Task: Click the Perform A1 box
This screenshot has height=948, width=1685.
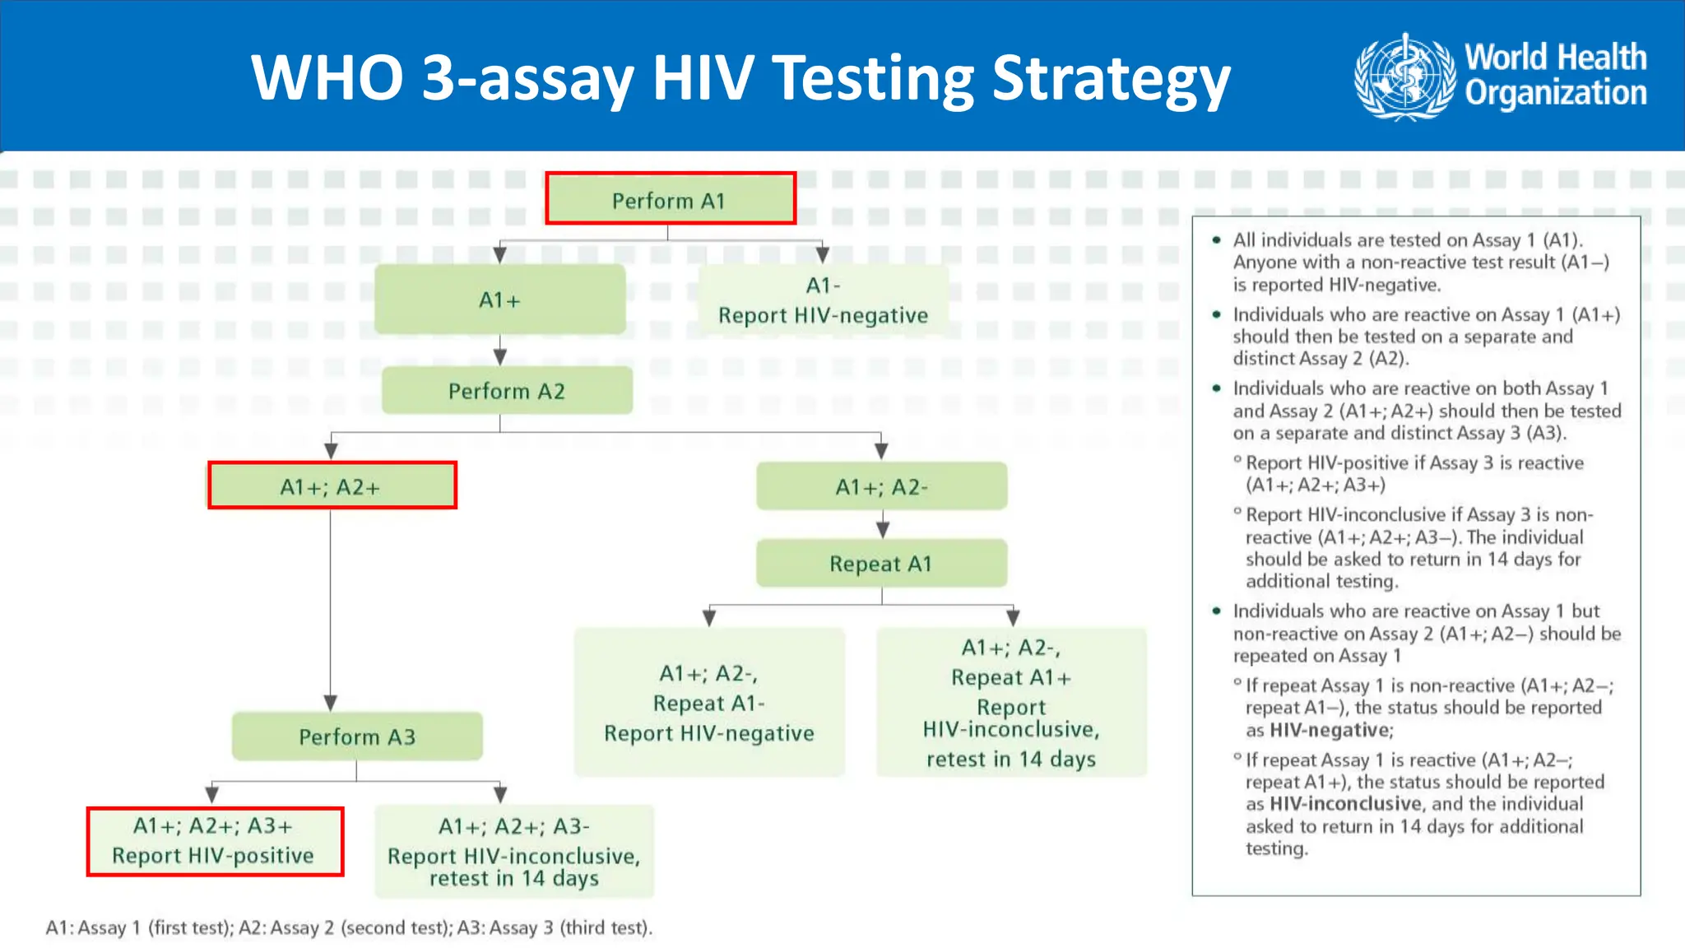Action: click(670, 199)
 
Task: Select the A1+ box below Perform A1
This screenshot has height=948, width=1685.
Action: click(499, 300)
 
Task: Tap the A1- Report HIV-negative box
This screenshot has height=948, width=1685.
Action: click(823, 300)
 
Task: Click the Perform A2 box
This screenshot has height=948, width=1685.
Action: click(507, 391)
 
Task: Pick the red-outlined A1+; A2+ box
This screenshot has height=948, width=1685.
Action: click(332, 486)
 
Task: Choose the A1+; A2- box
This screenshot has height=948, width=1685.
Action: click(881, 486)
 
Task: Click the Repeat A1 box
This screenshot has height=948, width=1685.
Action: click(881, 564)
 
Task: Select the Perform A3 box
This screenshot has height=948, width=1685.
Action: click(357, 737)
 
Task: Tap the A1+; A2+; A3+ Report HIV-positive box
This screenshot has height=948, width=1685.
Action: click(215, 841)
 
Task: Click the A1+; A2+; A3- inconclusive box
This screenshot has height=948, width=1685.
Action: click(514, 852)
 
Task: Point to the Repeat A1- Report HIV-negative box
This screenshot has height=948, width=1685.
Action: click(709, 703)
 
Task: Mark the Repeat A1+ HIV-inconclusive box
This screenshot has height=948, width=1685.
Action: click(1011, 703)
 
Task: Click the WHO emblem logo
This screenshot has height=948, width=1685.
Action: click(1404, 77)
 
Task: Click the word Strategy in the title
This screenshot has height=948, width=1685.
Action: click(1111, 79)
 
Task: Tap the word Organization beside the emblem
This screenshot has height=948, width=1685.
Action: click(1555, 94)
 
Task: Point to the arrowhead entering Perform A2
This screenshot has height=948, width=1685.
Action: click(499, 357)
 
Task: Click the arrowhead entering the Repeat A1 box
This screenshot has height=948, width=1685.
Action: click(882, 529)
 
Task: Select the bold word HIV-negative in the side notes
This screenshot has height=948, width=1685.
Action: click(1330, 730)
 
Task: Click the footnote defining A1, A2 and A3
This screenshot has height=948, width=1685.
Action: click(349, 927)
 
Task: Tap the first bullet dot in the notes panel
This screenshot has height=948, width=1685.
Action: click(1216, 240)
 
